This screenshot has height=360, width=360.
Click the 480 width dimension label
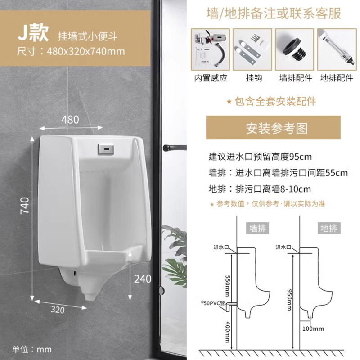70,120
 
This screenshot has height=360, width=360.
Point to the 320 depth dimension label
58,310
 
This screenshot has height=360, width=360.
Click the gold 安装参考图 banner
277,128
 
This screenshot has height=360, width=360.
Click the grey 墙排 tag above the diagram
258,228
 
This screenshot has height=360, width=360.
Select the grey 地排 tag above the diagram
328,228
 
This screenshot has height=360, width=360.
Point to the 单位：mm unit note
31,349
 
